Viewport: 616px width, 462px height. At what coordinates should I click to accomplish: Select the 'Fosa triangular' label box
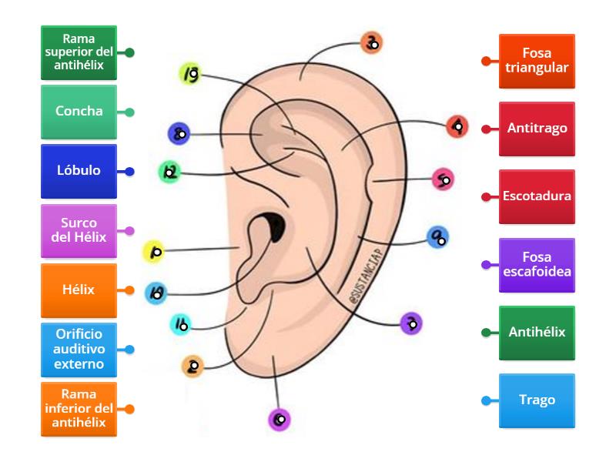[x=537, y=61]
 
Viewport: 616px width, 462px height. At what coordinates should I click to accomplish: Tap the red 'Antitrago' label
[x=537, y=129]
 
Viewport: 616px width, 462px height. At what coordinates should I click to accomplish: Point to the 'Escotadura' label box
[x=537, y=196]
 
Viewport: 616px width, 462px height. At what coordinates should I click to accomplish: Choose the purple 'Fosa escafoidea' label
[x=537, y=265]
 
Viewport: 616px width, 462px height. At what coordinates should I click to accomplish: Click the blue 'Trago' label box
[x=537, y=400]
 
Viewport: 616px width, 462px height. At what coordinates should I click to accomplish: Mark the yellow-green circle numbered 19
[x=190, y=74]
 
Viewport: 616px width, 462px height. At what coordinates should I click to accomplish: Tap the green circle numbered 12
[x=170, y=172]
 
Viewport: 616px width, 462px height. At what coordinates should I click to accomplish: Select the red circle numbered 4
[x=457, y=126]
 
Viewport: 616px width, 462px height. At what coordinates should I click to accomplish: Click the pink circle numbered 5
[x=443, y=180]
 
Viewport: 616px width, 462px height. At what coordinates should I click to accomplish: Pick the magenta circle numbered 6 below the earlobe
[x=279, y=420]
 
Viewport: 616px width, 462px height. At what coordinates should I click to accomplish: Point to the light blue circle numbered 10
[x=156, y=292]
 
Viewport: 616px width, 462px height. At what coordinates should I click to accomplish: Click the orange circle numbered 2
[x=192, y=367]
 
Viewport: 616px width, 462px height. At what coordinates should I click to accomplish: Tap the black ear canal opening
[x=273, y=226]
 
